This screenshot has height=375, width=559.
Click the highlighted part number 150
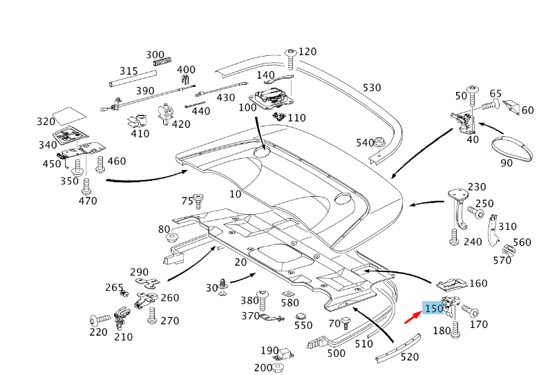click(x=434, y=309)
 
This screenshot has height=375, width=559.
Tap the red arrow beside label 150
click(x=413, y=318)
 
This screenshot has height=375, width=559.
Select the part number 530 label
click(x=372, y=88)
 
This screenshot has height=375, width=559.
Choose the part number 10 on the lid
click(x=236, y=194)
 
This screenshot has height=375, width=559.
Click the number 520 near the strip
click(x=409, y=356)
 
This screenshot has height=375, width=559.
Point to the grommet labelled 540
click(x=379, y=142)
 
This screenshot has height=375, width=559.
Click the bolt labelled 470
click(x=86, y=185)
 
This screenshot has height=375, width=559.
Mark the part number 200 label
click(x=263, y=367)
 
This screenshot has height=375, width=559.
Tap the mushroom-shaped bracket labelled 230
click(x=455, y=193)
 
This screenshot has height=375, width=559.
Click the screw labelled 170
click(x=470, y=310)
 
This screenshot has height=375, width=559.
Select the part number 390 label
click(x=145, y=91)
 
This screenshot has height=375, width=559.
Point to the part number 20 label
click(x=240, y=262)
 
